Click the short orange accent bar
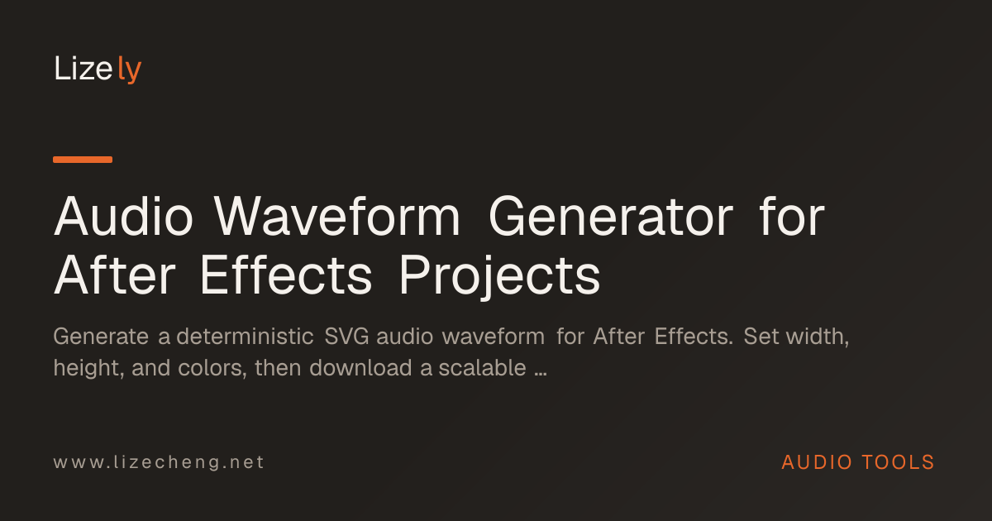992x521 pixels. [x=83, y=160]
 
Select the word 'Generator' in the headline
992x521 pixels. [x=611, y=217]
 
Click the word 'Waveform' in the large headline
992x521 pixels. [x=337, y=216]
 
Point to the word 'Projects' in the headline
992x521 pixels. [x=499, y=276]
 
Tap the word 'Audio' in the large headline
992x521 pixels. [x=123, y=216]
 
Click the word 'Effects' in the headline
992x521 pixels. [x=286, y=275]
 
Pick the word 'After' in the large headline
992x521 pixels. [x=115, y=275]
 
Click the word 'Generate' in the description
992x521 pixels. [x=101, y=337]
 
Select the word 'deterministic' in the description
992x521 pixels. [x=246, y=337]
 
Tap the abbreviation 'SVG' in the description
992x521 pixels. [x=346, y=337]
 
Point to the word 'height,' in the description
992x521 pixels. [x=88, y=369]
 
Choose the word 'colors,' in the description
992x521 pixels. [x=212, y=369]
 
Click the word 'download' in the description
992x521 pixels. [x=361, y=368]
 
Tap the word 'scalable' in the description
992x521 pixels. [x=482, y=368]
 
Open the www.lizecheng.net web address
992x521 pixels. [x=159, y=462]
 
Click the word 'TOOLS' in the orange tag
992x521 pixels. [x=898, y=462]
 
